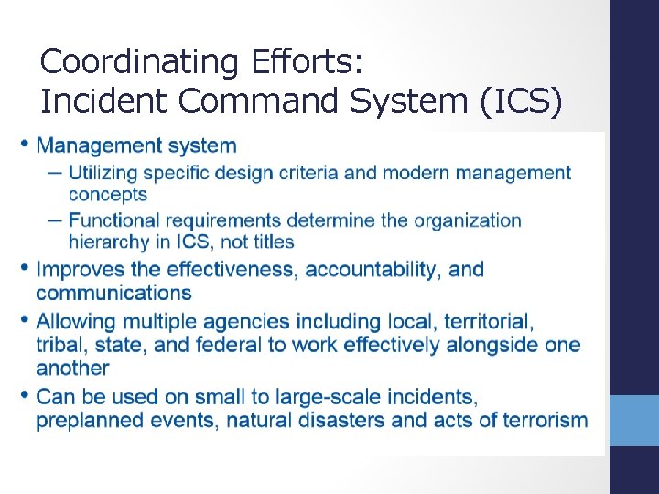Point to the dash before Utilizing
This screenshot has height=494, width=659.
coord(52,172)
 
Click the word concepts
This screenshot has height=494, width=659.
coord(107,194)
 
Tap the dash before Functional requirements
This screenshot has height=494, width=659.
coord(52,220)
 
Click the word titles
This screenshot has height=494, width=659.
coord(271,242)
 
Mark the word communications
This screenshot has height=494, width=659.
coord(113,293)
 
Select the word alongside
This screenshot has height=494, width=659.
coord(492,345)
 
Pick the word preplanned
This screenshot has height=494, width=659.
coord(87,421)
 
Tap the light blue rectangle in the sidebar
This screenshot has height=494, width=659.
coord(634,420)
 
